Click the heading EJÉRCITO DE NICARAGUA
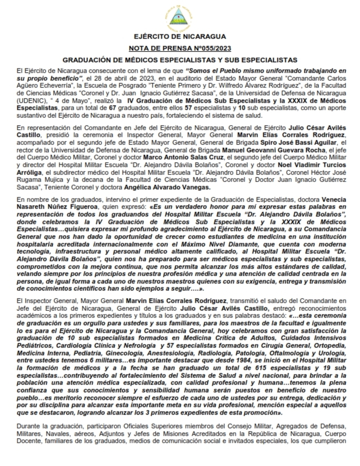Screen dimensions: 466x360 click(x=180, y=37)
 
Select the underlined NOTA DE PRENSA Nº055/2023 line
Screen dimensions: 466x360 click(x=180, y=48)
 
